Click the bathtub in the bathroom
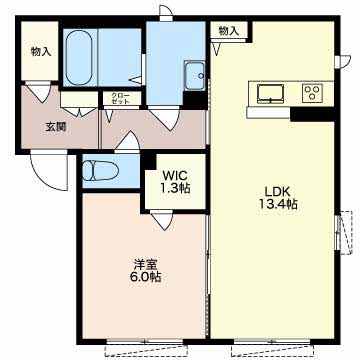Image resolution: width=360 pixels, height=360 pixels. (x=79, y=57)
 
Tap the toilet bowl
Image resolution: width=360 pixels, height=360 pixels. (x=100, y=171)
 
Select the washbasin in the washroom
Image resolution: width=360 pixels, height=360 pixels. (x=194, y=75)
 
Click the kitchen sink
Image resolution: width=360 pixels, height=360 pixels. (x=271, y=93)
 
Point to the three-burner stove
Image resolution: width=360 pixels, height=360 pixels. (x=312, y=92)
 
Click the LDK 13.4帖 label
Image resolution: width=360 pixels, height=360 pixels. (x=278, y=198)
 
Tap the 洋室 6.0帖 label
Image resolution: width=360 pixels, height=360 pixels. (x=145, y=271)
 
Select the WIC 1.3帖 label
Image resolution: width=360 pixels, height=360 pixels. (x=175, y=182)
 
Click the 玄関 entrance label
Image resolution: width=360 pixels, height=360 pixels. (x=55, y=127)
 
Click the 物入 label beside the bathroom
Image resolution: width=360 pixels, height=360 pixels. (x=41, y=52)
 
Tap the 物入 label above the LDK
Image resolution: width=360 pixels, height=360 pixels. (x=229, y=31)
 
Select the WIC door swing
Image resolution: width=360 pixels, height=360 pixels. (x=161, y=220)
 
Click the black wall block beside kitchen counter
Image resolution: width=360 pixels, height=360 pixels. (x=312, y=114)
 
